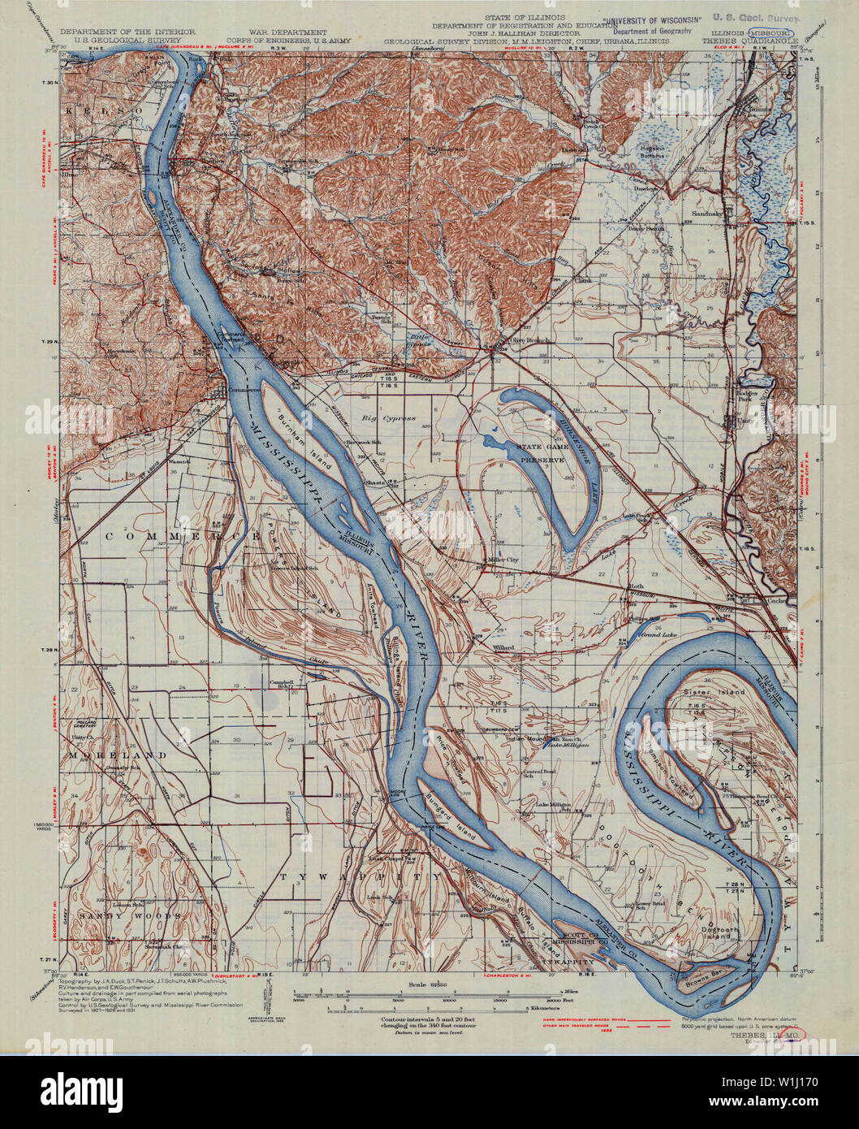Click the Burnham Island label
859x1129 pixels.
pyautogui.click(x=300, y=443)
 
